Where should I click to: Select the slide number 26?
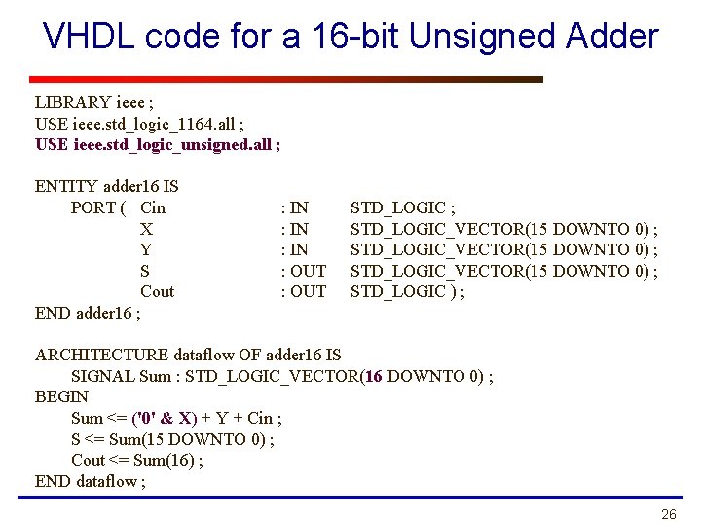point(668,514)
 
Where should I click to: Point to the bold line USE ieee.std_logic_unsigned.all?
point(158,144)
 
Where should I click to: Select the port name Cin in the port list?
point(153,207)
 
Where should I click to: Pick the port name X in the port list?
point(146,229)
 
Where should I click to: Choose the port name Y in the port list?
point(146,249)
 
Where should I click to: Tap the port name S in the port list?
point(145,271)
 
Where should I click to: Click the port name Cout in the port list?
point(157,291)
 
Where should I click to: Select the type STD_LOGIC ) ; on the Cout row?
point(407,291)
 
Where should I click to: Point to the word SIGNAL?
point(101,376)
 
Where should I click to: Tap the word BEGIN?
point(61,396)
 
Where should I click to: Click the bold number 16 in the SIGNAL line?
point(372,376)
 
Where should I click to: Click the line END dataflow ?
point(90,481)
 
